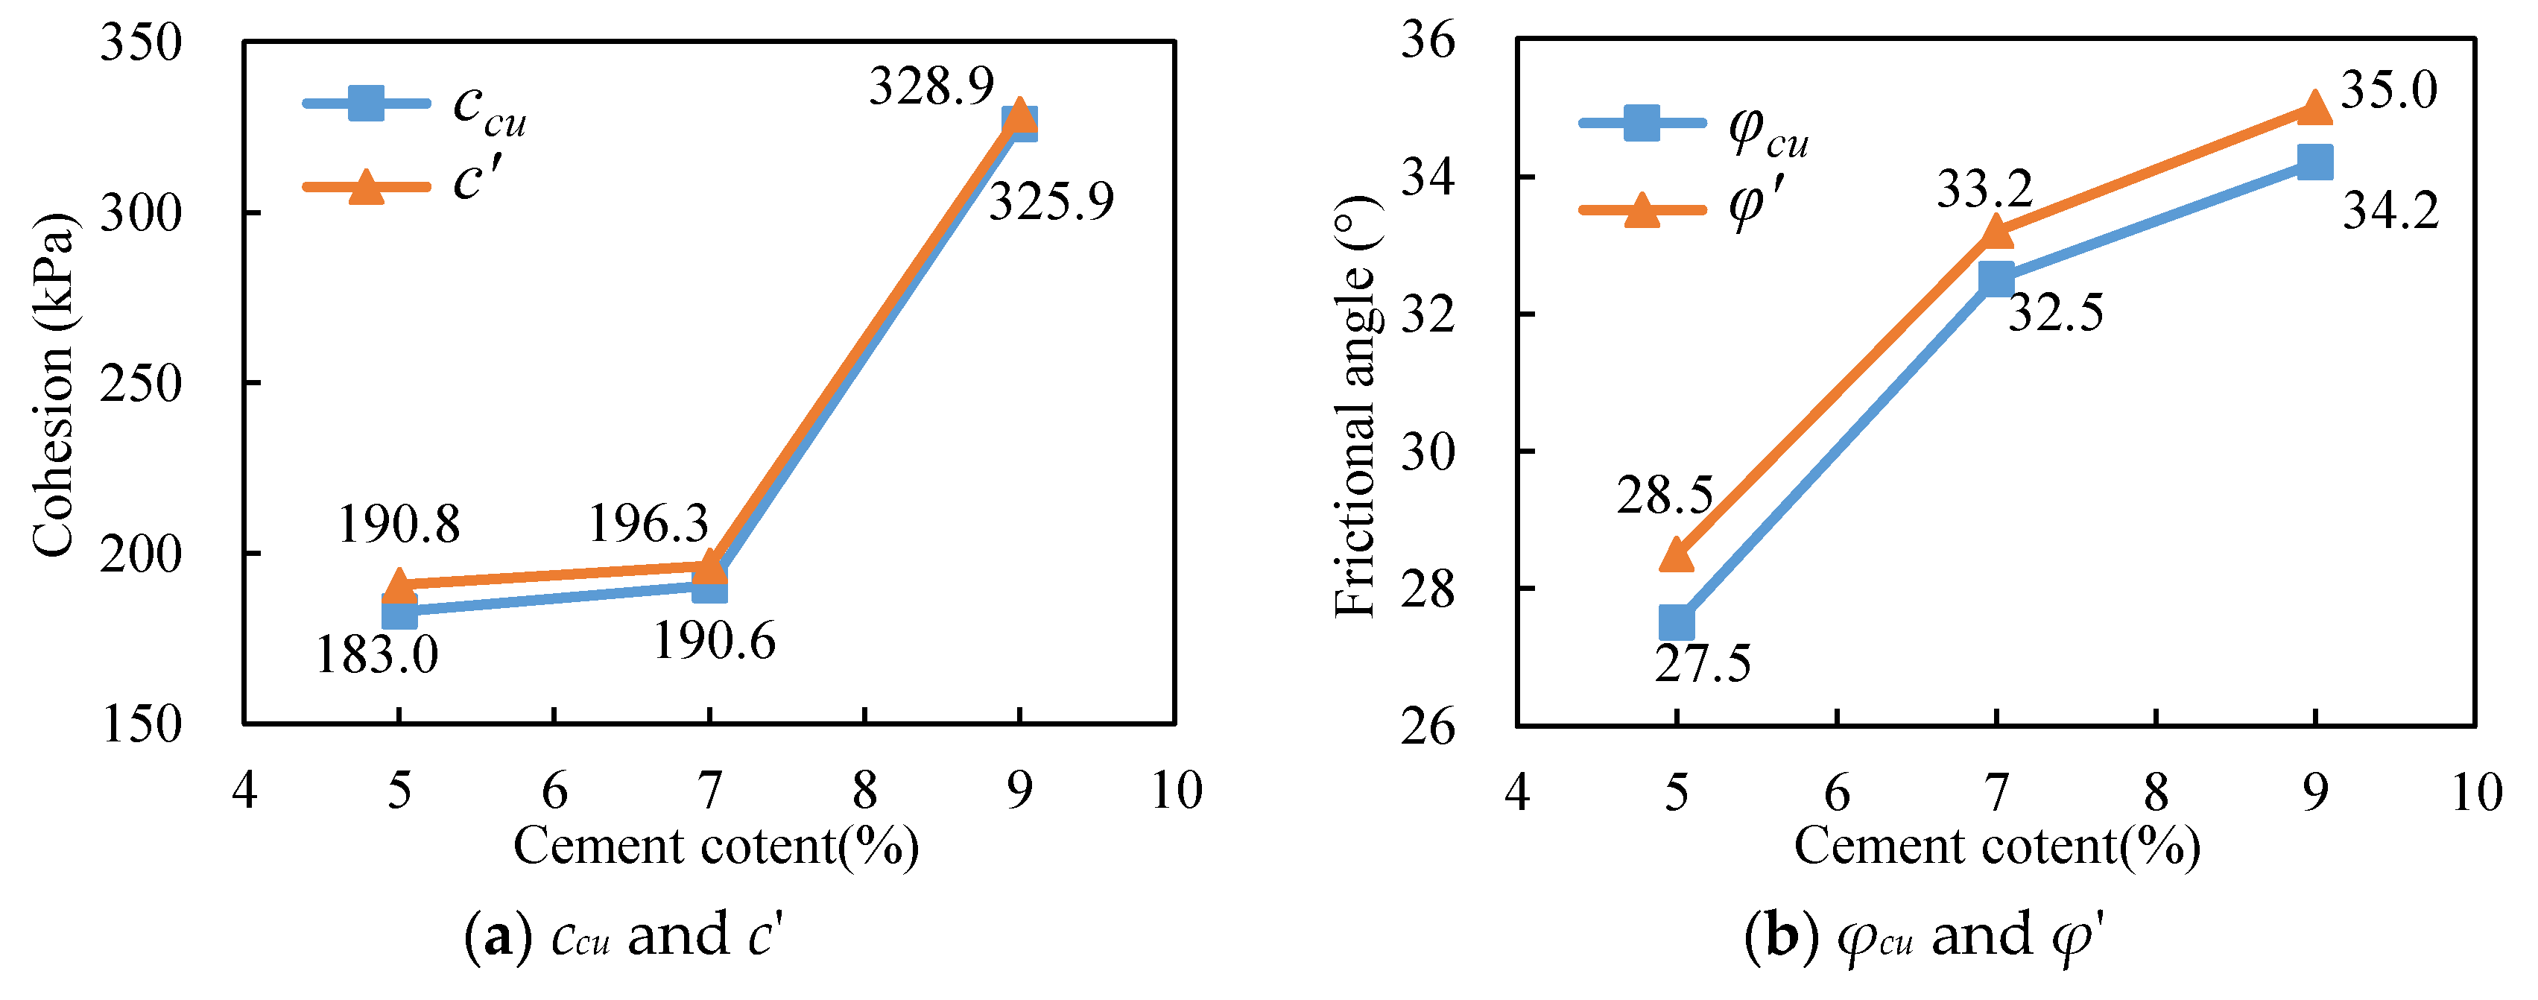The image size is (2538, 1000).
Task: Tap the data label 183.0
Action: tap(376, 654)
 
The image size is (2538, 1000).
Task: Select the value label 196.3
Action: tap(648, 523)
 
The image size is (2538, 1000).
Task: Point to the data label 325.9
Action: tap(1051, 201)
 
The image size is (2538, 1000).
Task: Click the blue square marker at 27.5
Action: tap(1676, 623)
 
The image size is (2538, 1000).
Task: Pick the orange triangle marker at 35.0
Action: tap(2314, 107)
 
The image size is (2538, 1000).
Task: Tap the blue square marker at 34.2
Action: tap(2314, 162)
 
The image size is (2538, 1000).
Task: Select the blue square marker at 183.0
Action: tap(399, 612)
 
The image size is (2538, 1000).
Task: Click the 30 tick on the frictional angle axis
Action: tap(1428, 452)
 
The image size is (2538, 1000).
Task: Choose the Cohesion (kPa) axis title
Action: tap(53, 385)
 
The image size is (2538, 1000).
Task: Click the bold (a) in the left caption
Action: tap(499, 935)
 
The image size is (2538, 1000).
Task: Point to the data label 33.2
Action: tap(1984, 189)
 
